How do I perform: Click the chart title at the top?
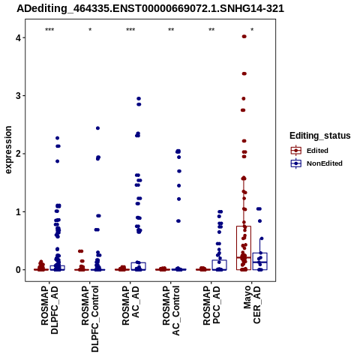point(150,9)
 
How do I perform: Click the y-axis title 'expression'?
point(8,150)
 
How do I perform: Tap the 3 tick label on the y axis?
point(18,96)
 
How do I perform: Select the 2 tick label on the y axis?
point(18,154)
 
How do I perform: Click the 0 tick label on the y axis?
point(18,270)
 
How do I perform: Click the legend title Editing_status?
point(320,136)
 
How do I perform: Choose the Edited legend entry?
point(309,151)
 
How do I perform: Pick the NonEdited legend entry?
point(316,163)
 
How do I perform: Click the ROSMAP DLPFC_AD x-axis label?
point(49,310)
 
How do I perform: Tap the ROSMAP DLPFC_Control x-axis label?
point(90,319)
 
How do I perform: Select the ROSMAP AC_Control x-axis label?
point(171,310)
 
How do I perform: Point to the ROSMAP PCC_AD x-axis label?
point(211,305)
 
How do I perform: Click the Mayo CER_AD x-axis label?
point(252,304)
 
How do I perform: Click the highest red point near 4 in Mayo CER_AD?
point(244,37)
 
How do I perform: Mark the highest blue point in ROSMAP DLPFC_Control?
point(97,128)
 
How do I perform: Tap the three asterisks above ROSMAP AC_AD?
point(130,30)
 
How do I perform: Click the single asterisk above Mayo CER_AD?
point(252,30)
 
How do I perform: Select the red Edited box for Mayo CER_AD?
point(244,226)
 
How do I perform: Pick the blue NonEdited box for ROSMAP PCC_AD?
point(220,260)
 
